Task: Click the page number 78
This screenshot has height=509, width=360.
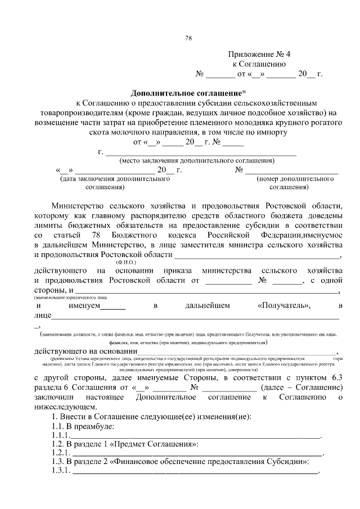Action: point(188,38)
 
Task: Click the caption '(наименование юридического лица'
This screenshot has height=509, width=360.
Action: point(70,296)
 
